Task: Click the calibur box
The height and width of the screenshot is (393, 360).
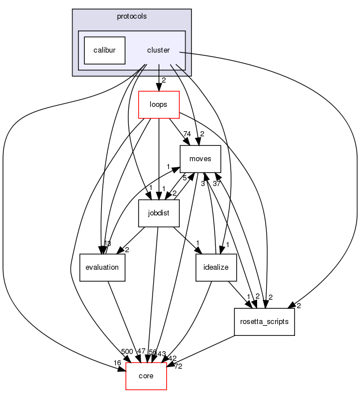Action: [105, 50]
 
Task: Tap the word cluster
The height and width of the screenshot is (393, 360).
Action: [158, 50]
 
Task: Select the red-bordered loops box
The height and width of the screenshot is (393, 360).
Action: [159, 105]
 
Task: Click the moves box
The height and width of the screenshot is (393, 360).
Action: [200, 159]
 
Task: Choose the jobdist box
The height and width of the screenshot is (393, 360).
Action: [159, 213]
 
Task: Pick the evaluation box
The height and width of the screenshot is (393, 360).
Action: [102, 267]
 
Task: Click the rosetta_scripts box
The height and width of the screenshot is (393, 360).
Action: [264, 321]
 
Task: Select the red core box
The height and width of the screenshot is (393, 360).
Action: [146, 375]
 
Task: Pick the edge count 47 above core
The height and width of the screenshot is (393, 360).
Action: [141, 352]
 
